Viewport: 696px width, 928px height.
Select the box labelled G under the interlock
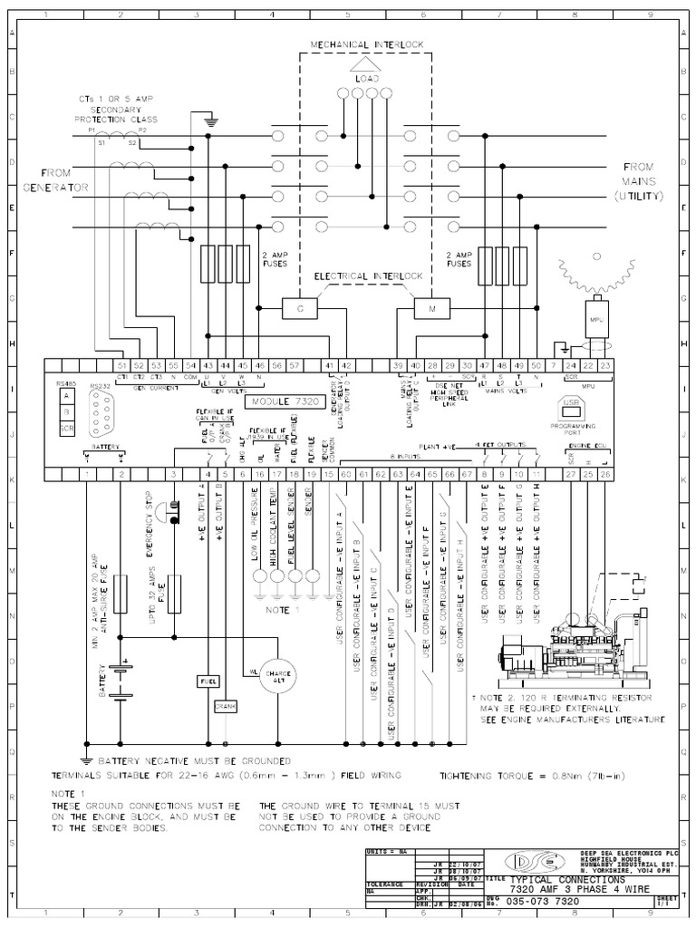click(x=297, y=309)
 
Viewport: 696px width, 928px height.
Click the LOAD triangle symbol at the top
click(x=361, y=65)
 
